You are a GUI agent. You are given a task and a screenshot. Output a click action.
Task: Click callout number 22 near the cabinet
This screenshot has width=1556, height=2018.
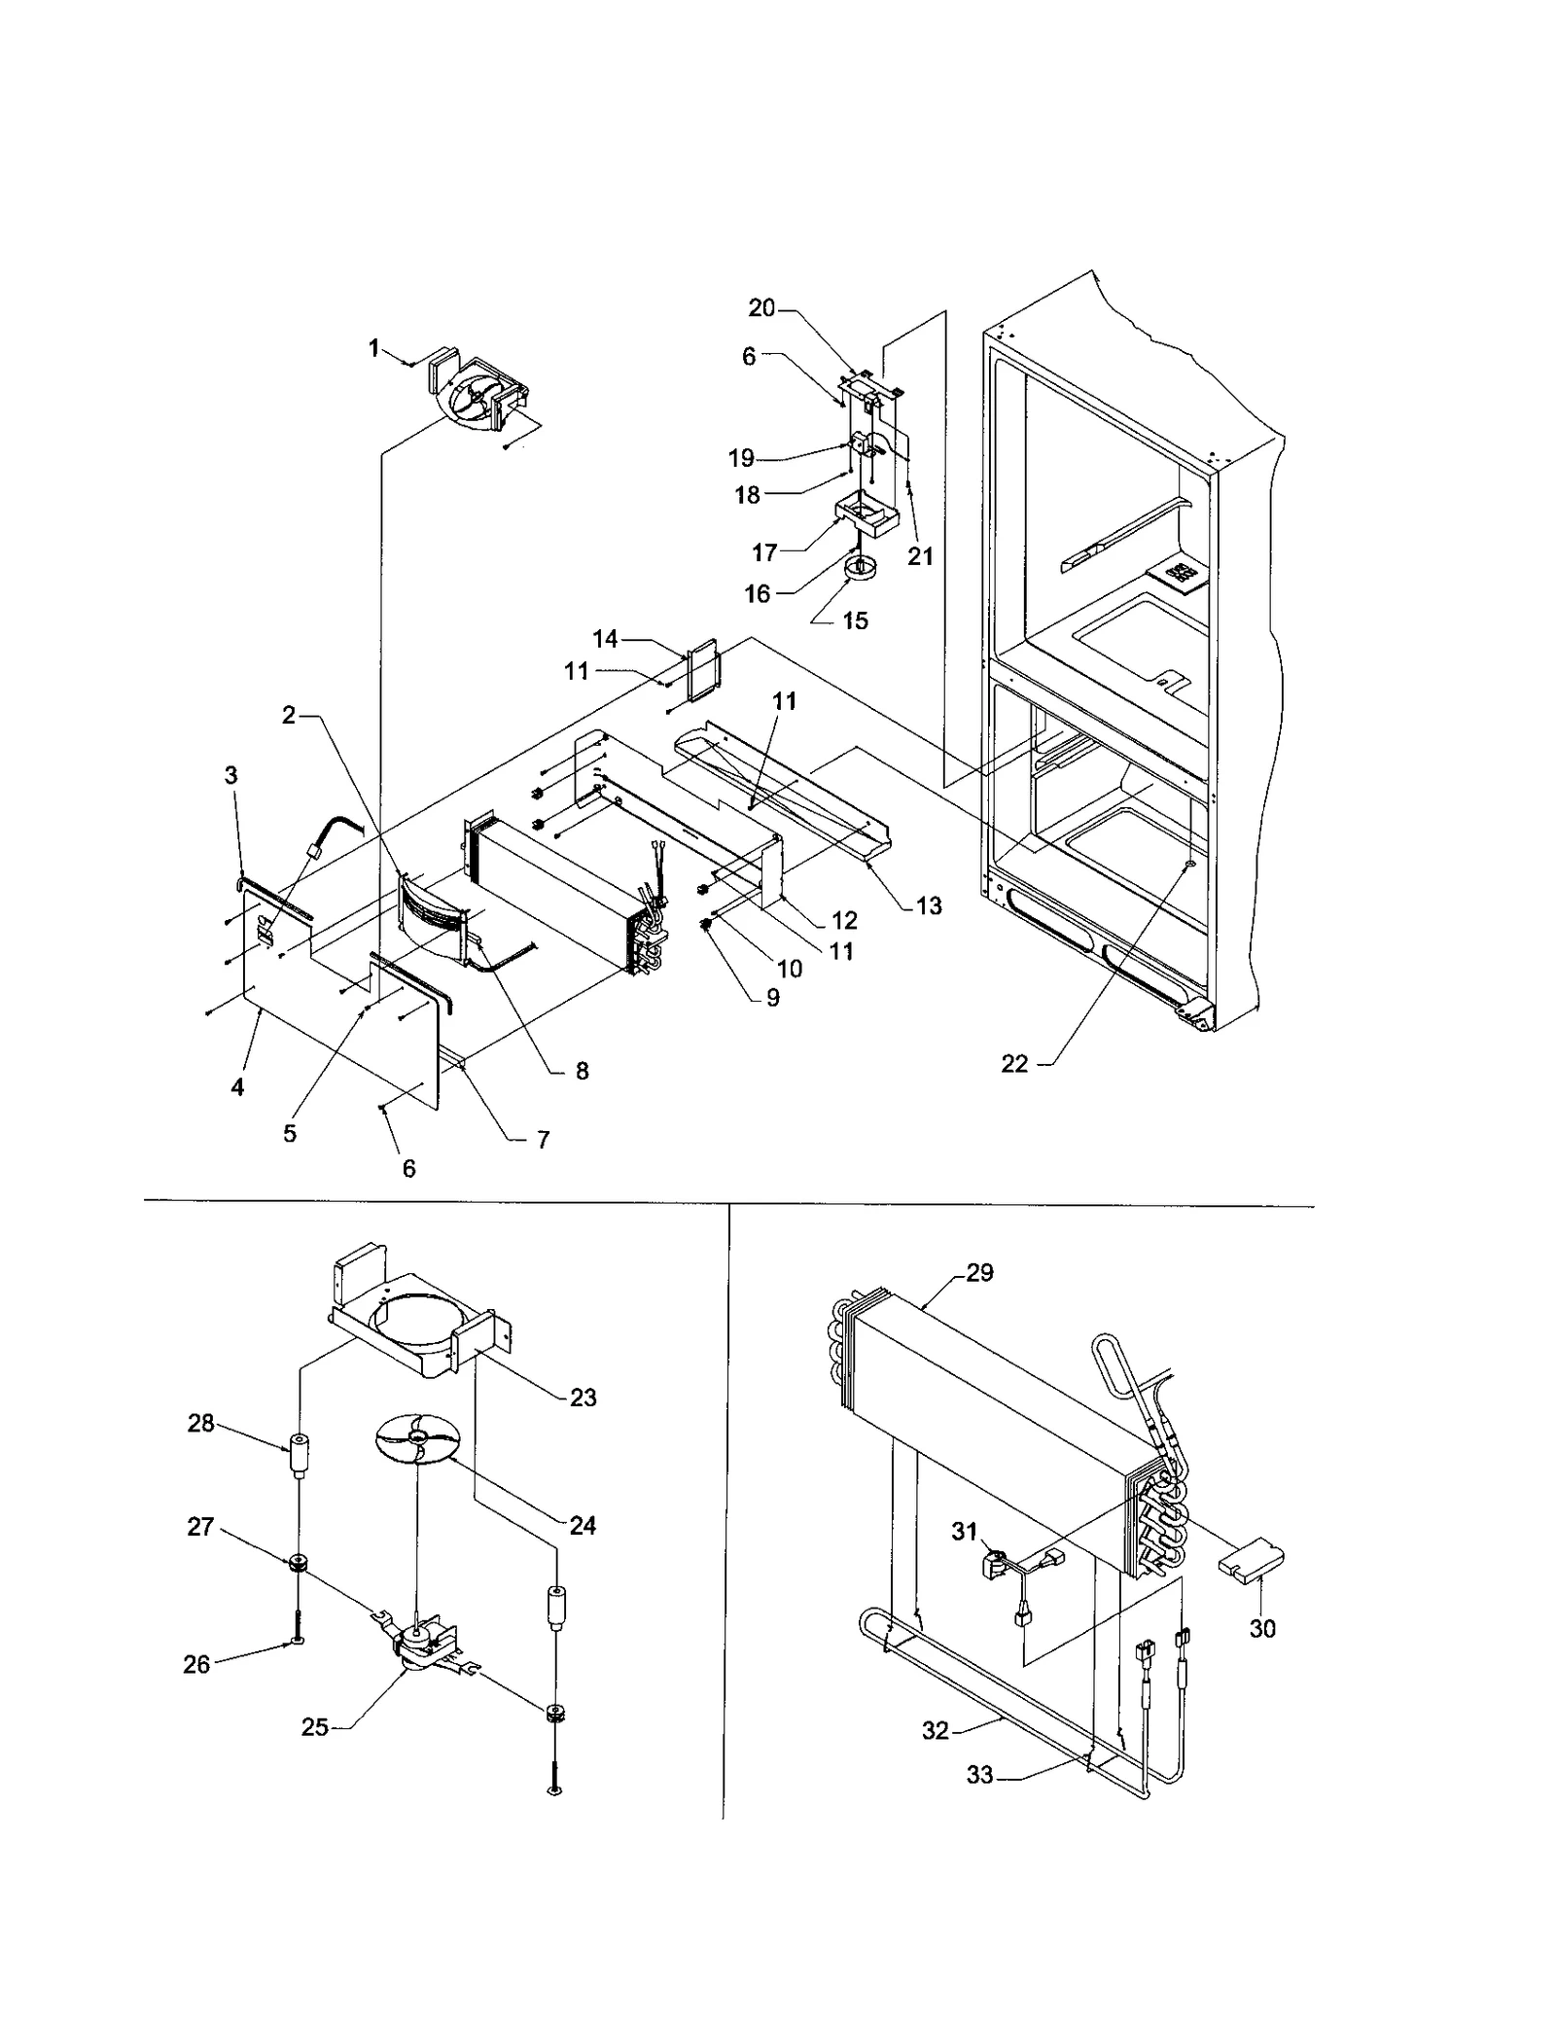coord(1014,1064)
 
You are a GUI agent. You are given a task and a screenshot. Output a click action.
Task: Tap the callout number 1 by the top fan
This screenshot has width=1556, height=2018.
coord(374,348)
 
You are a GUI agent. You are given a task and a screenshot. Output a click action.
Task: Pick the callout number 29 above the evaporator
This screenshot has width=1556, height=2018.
coord(979,1273)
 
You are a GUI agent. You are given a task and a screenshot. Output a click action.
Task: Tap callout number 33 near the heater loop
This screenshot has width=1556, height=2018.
coord(979,1775)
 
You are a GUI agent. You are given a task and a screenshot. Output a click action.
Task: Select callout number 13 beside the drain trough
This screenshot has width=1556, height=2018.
coord(929,905)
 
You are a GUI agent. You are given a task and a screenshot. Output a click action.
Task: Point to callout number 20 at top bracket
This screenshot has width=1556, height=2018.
coord(761,308)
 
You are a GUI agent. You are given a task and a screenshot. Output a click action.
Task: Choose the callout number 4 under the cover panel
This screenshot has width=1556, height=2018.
coord(237,1087)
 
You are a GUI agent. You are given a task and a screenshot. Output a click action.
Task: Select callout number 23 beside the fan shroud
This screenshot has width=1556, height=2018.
coord(583,1398)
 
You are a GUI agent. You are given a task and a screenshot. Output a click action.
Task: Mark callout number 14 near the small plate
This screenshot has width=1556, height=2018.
coord(605,639)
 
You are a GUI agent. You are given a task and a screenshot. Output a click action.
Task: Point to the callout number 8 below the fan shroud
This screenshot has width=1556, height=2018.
coord(582,1071)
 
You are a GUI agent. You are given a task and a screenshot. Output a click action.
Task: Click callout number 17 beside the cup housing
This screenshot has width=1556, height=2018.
coord(764,552)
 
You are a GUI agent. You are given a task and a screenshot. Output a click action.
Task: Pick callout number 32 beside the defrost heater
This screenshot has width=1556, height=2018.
coord(935,1730)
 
